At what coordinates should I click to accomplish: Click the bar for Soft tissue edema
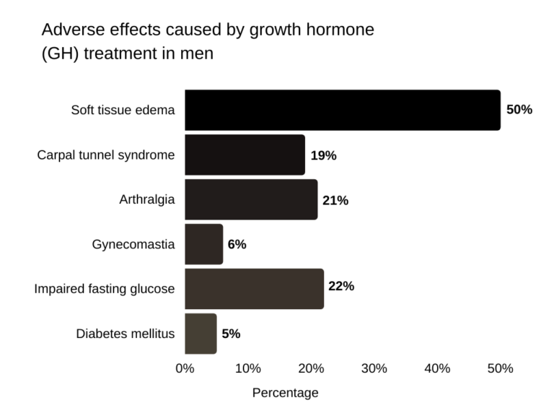click(342, 110)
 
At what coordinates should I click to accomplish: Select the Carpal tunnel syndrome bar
click(245, 155)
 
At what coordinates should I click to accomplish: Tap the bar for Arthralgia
click(251, 199)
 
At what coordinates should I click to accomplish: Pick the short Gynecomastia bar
click(203, 244)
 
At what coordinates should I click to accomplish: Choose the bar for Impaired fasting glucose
click(254, 289)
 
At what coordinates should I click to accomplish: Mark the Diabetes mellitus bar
click(201, 334)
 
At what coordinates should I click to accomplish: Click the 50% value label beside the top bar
click(519, 110)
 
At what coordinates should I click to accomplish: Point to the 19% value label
click(324, 155)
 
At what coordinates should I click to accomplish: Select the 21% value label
click(335, 200)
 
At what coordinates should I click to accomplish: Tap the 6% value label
click(237, 245)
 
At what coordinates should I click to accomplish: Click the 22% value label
click(341, 286)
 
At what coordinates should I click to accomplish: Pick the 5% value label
click(231, 334)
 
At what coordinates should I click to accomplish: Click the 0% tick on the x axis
click(185, 368)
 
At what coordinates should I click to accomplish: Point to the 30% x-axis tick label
click(374, 368)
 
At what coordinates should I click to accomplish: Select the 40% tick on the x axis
click(437, 368)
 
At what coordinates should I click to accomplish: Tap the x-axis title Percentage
click(285, 393)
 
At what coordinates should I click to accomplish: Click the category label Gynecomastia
click(133, 244)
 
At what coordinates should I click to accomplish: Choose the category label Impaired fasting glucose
click(105, 289)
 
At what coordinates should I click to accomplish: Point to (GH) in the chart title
click(61, 53)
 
